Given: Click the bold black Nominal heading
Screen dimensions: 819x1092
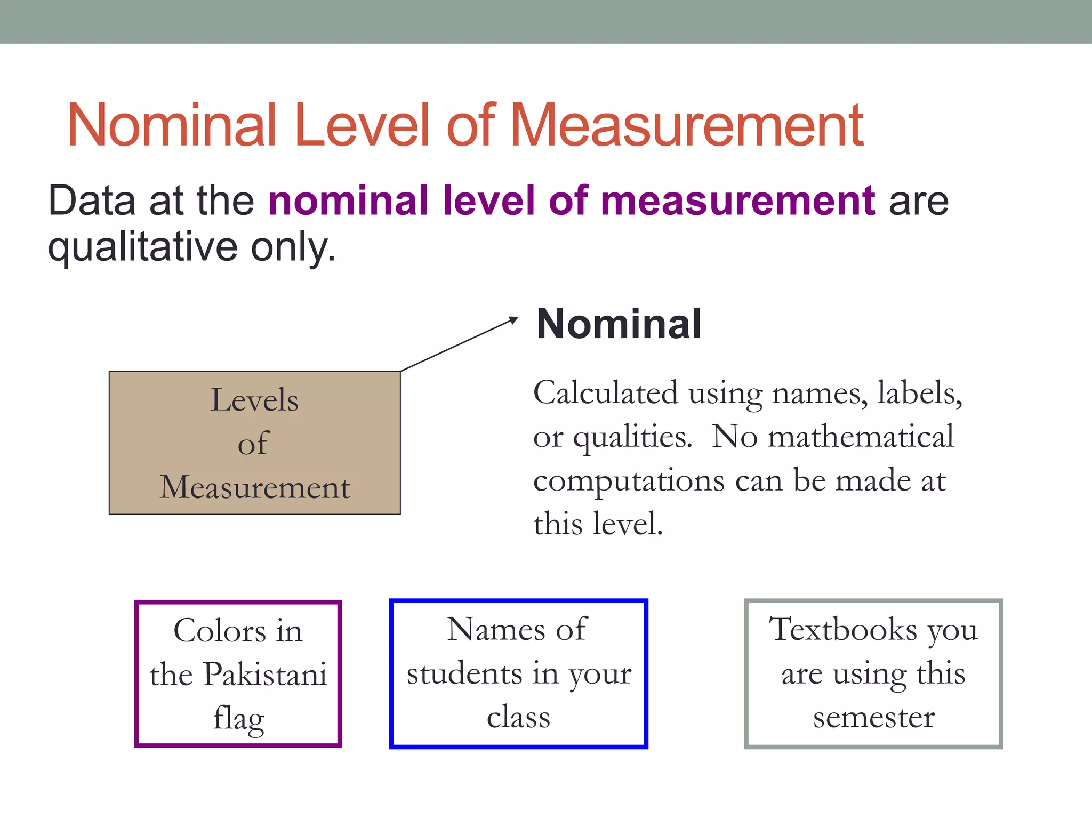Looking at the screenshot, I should pyautogui.click(x=619, y=324).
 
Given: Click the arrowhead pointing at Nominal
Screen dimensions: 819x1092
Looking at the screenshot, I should pyautogui.click(x=513, y=320).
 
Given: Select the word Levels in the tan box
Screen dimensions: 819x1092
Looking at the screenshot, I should pyautogui.click(x=254, y=400).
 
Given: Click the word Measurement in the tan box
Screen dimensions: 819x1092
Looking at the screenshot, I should pyautogui.click(x=255, y=487).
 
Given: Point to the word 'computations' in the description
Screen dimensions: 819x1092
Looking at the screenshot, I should pyautogui.click(x=629, y=481).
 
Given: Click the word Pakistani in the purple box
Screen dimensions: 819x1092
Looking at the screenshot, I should pyautogui.click(x=265, y=675).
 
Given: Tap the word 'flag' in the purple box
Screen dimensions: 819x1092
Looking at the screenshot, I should pyautogui.click(x=238, y=719).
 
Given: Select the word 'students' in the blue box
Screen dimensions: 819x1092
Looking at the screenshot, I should pyautogui.click(x=464, y=673).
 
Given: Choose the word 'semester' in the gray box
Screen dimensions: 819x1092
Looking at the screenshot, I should pyautogui.click(x=874, y=718).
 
